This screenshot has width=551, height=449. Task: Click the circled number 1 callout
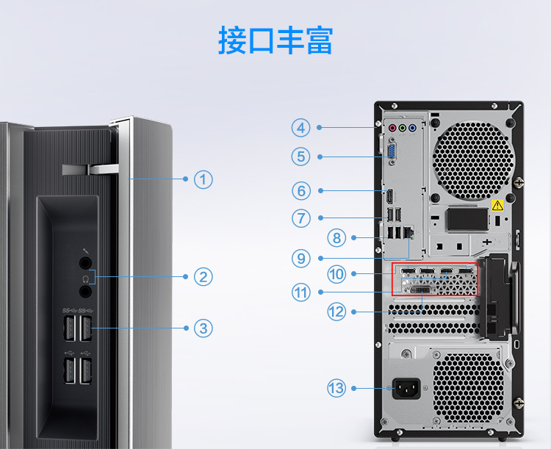[203, 179]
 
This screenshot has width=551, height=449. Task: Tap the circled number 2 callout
[203, 277]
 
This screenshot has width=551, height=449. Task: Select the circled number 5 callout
[301, 157]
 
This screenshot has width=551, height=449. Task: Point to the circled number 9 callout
[301, 259]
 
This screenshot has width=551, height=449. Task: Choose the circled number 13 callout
[336, 388]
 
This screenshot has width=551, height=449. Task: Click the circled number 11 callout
[301, 292]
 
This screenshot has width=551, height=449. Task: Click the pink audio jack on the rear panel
[392, 128]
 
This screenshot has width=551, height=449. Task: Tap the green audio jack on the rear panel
[403, 128]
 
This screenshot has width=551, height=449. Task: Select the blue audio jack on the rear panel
[413, 128]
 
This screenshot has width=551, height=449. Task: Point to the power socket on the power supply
[406, 389]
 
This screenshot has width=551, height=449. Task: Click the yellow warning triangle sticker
[497, 204]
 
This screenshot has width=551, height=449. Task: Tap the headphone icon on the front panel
[85, 279]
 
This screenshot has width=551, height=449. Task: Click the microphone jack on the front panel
[85, 263]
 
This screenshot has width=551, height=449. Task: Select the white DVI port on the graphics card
[420, 290]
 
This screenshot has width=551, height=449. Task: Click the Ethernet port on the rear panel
[408, 232]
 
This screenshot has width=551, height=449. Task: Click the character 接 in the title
[232, 40]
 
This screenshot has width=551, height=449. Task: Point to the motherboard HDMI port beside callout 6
[389, 196]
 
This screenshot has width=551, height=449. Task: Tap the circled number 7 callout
[301, 218]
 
